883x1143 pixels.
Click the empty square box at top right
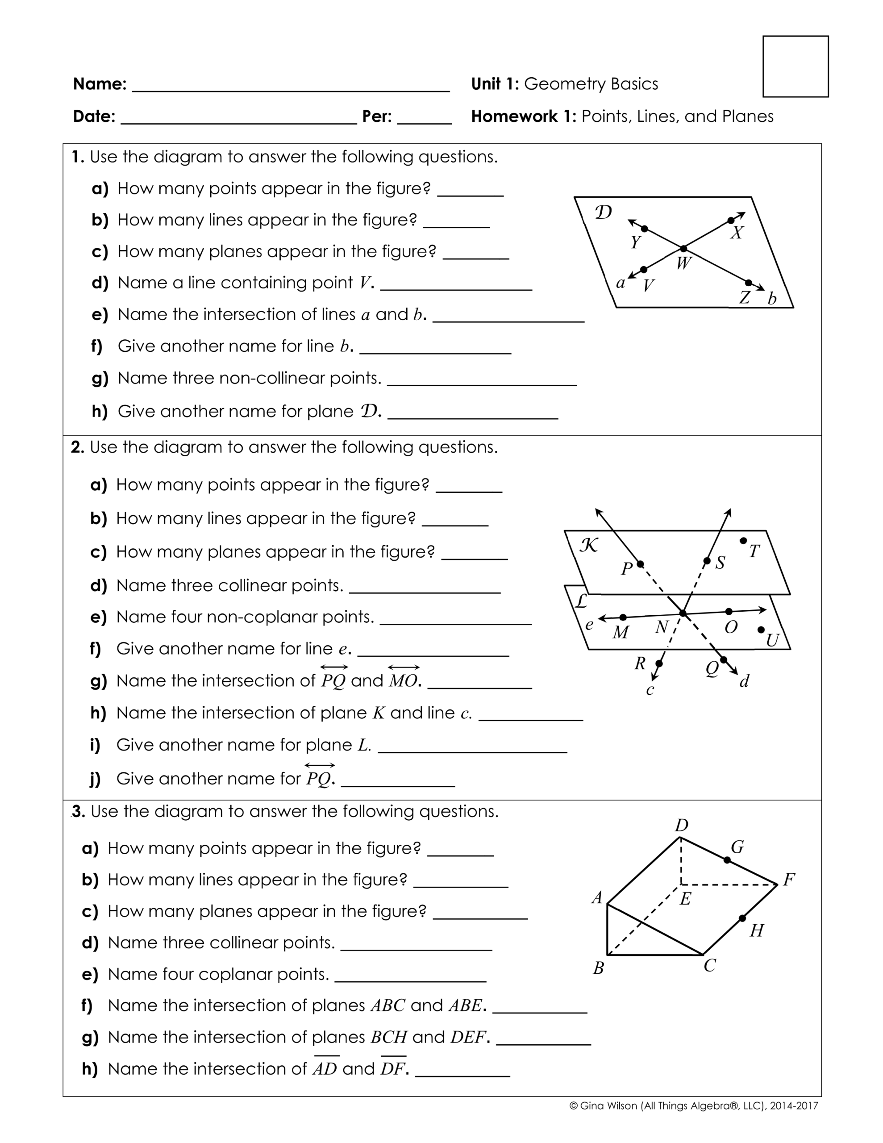point(795,67)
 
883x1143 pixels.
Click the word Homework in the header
point(513,116)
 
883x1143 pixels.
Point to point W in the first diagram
point(683,248)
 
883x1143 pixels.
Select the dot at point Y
point(644,229)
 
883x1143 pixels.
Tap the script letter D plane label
point(603,213)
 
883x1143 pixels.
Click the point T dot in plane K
point(743,541)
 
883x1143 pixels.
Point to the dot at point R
point(659,663)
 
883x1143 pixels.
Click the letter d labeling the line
point(744,681)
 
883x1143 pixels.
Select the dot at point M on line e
point(622,617)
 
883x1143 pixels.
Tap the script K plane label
point(589,546)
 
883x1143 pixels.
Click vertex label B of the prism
point(598,968)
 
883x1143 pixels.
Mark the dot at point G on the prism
point(726,860)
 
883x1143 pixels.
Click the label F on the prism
point(789,880)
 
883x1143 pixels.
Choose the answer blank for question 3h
point(462,1071)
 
